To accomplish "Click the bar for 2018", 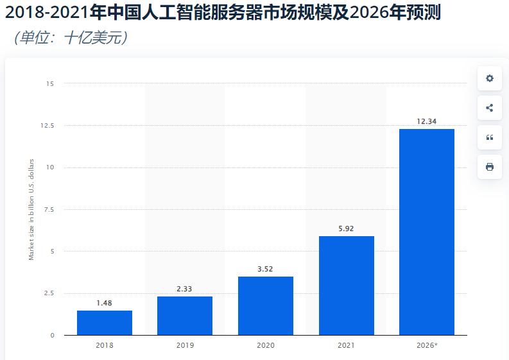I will [x=105, y=323].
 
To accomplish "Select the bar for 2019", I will [x=185, y=316].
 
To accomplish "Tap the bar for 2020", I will [x=266, y=305].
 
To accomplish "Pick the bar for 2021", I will [x=346, y=286].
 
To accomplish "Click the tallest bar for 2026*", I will [x=427, y=232].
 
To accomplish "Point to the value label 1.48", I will [x=105, y=303].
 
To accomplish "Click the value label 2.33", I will [x=185, y=289].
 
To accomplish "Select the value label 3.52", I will [x=266, y=269].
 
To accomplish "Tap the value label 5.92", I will [x=346, y=228].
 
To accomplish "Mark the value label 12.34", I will [x=427, y=121].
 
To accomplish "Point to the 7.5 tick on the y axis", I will [x=49, y=210].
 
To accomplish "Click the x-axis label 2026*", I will [x=427, y=346].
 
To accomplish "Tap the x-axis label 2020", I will [x=266, y=346].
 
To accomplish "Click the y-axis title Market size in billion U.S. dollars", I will [x=31, y=209].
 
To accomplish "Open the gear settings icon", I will [x=490, y=78].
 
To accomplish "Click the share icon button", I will [x=490, y=108].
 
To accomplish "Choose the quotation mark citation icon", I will [x=490, y=137].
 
